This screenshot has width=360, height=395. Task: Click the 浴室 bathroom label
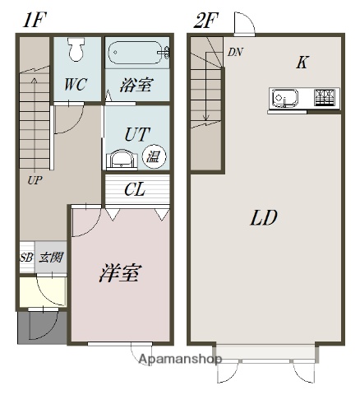(x=136, y=86)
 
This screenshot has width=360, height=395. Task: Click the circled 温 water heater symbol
(x=153, y=156)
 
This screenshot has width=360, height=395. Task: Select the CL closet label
(x=135, y=190)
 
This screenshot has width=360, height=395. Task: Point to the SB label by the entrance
(x=26, y=258)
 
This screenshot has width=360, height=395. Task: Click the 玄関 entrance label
(x=50, y=258)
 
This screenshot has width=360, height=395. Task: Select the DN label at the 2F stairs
(x=234, y=52)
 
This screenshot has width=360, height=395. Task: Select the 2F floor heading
(x=205, y=19)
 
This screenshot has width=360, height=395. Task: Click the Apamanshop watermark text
(x=181, y=360)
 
